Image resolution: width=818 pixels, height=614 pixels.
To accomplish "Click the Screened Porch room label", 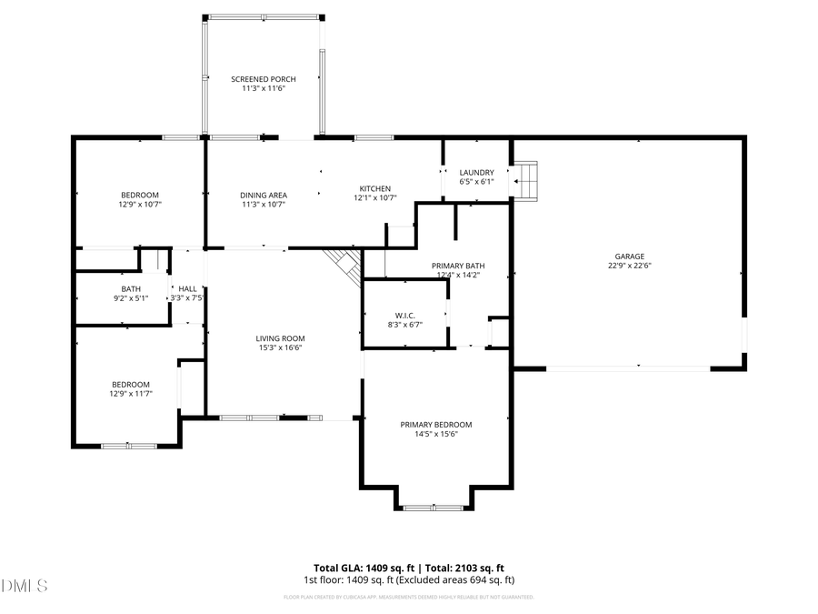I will pyautogui.click(x=263, y=79).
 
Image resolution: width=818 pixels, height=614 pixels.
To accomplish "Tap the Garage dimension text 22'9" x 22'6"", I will pyautogui.click(x=630, y=266).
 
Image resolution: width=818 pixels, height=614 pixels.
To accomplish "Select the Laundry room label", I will pyautogui.click(x=476, y=172).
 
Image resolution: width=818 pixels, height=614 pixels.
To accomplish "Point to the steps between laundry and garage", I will pyautogui.click(x=526, y=180).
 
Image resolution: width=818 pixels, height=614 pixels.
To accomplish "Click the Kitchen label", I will pyautogui.click(x=374, y=188).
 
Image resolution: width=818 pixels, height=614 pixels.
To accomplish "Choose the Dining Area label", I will pyautogui.click(x=264, y=195).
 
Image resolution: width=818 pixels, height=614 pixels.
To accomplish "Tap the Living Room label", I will pyautogui.click(x=279, y=337).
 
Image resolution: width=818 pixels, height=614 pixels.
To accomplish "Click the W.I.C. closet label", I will pyautogui.click(x=404, y=315).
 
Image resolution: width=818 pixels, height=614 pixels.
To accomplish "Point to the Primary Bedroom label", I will pyautogui.click(x=436, y=424).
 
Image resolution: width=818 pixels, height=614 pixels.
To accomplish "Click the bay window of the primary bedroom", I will pyautogui.click(x=433, y=507).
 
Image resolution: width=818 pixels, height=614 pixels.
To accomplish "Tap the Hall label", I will pyautogui.click(x=187, y=288).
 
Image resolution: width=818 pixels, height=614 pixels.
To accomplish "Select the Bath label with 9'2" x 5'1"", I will pyautogui.click(x=131, y=288).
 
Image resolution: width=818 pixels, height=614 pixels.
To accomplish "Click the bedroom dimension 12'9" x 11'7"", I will pyautogui.click(x=131, y=394).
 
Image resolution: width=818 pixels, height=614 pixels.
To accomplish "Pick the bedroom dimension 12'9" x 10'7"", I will pyautogui.click(x=140, y=205).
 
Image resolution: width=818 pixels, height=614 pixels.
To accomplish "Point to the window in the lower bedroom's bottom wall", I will pyautogui.click(x=127, y=445).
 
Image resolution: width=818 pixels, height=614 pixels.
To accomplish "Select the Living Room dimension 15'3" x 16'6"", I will pyautogui.click(x=279, y=347).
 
